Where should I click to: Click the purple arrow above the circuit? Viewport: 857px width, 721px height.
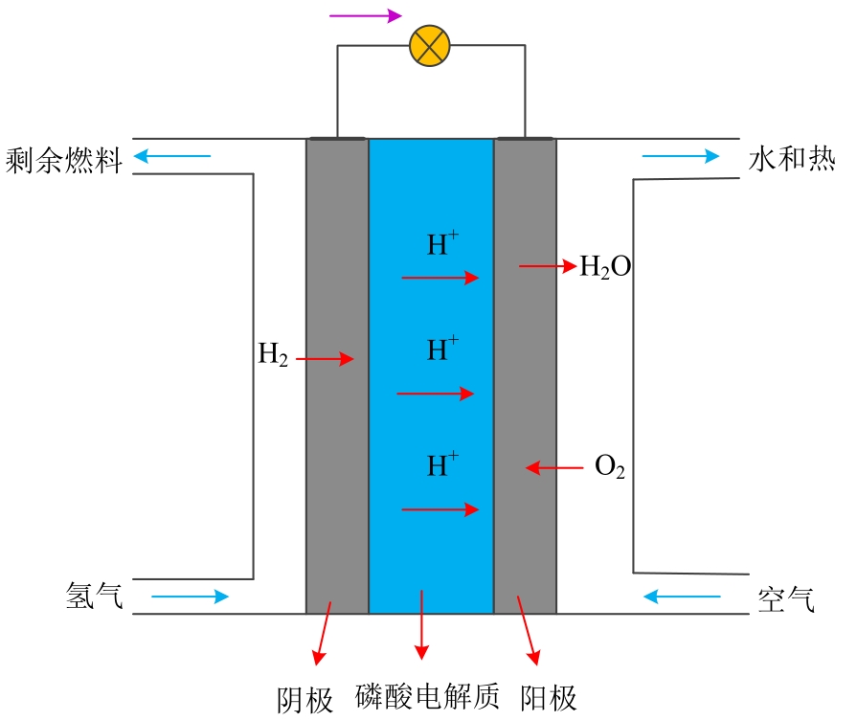[365, 15]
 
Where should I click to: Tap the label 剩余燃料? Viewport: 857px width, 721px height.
[64, 161]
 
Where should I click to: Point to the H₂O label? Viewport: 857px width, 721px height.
[605, 266]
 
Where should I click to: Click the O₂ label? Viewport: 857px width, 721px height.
[610, 468]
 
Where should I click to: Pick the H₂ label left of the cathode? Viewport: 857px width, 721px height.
[273, 354]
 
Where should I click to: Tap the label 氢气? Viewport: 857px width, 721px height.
[94, 597]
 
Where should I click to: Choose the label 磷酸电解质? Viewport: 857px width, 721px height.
[428, 697]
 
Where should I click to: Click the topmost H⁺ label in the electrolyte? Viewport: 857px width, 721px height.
[442, 244]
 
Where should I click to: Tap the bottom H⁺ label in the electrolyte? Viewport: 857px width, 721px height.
[442, 465]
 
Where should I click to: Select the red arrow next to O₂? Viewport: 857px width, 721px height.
[554, 468]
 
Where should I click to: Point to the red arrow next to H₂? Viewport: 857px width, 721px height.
[326, 360]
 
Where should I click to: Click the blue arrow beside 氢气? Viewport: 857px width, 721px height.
[191, 597]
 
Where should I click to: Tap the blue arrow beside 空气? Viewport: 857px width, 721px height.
[682, 597]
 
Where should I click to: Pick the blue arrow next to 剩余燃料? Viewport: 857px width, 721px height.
[171, 155]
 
